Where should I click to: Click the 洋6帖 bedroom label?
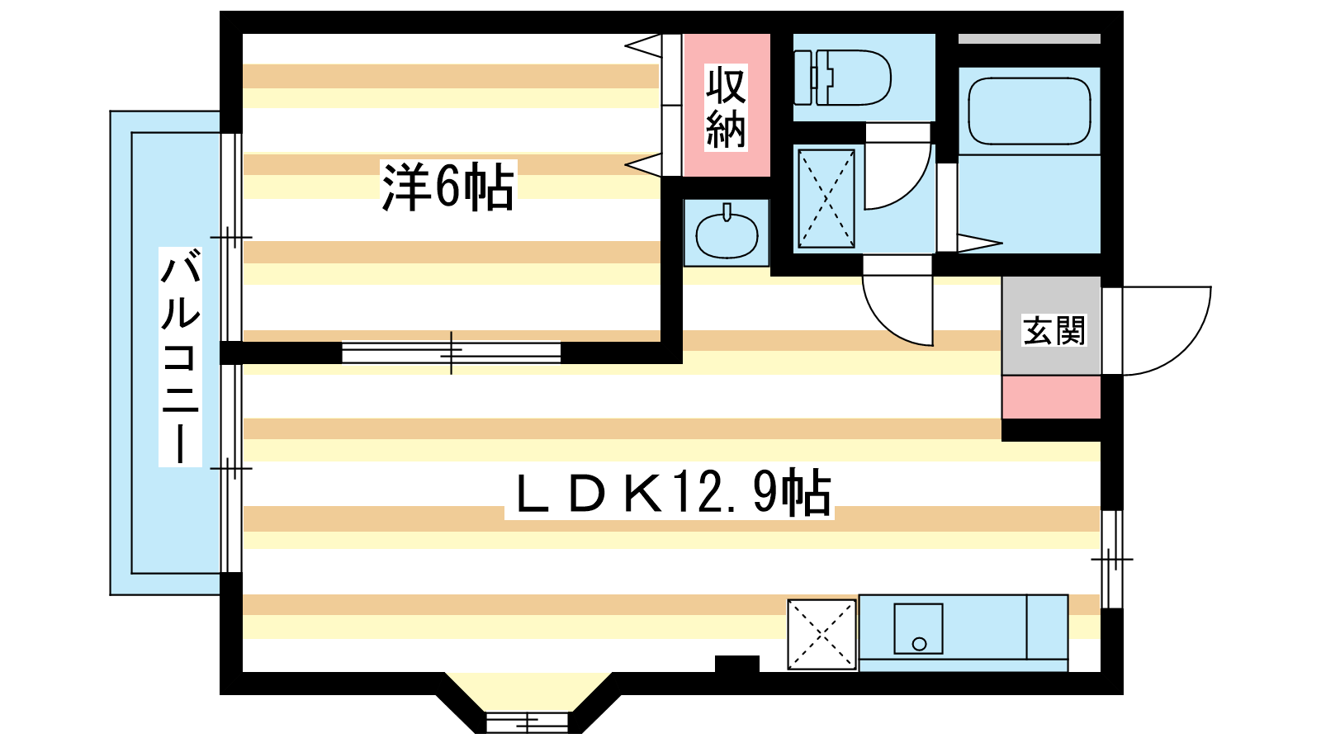click(447, 187)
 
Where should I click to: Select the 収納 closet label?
click(726, 107)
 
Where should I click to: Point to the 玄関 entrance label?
click(1053, 330)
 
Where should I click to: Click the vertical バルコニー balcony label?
click(181, 357)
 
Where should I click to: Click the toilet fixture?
click(841, 78)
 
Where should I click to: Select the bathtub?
click(1029, 111)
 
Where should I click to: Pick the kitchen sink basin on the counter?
click(918, 628)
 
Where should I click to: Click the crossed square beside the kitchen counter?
click(821, 635)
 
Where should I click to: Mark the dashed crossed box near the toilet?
click(826, 199)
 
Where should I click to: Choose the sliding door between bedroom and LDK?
click(451, 353)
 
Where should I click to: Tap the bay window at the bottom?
click(528, 722)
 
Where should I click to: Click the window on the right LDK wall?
click(1112, 559)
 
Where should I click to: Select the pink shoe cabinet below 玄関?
click(1052, 397)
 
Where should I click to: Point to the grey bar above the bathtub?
click(1029, 39)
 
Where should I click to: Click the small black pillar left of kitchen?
click(736, 664)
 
